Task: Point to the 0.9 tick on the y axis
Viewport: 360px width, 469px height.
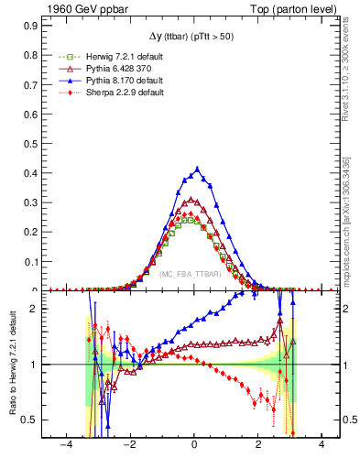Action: point(31,27)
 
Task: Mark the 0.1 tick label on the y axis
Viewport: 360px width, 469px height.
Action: point(31,262)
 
